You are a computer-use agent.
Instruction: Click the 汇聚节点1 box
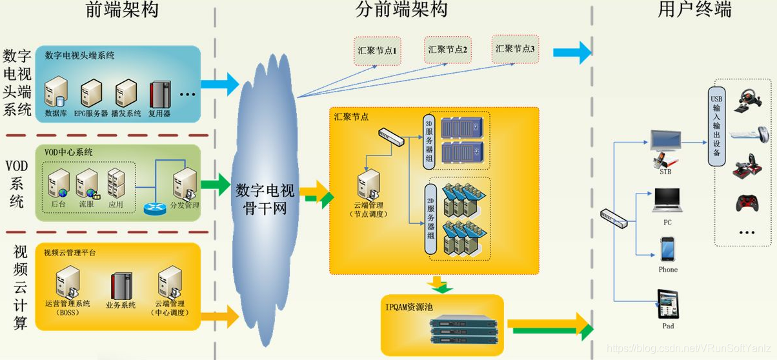pos(378,50)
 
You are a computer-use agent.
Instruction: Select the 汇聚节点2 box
pos(447,50)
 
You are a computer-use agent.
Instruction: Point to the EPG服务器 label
pos(90,113)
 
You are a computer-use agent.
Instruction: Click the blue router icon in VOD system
pos(154,208)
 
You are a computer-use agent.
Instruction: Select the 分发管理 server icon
pos(185,185)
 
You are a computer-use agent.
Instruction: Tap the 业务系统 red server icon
pos(121,285)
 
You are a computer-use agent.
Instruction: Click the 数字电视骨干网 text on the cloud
pos(265,199)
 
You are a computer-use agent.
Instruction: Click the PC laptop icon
pos(667,201)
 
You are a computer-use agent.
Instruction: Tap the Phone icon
pos(667,249)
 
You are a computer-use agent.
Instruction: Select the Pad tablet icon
pos(667,304)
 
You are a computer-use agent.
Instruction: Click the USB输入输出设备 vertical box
pos(716,126)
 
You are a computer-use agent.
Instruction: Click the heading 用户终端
pos(694,10)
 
